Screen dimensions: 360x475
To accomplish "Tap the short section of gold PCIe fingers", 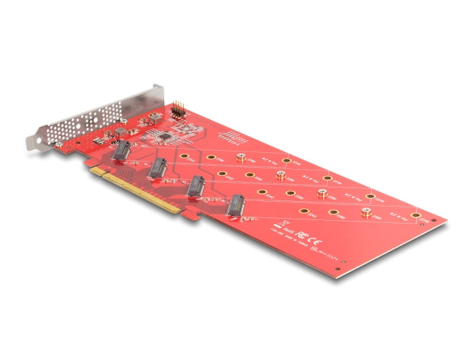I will point(98,173).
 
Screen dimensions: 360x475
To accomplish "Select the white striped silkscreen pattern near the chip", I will point(233,139).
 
